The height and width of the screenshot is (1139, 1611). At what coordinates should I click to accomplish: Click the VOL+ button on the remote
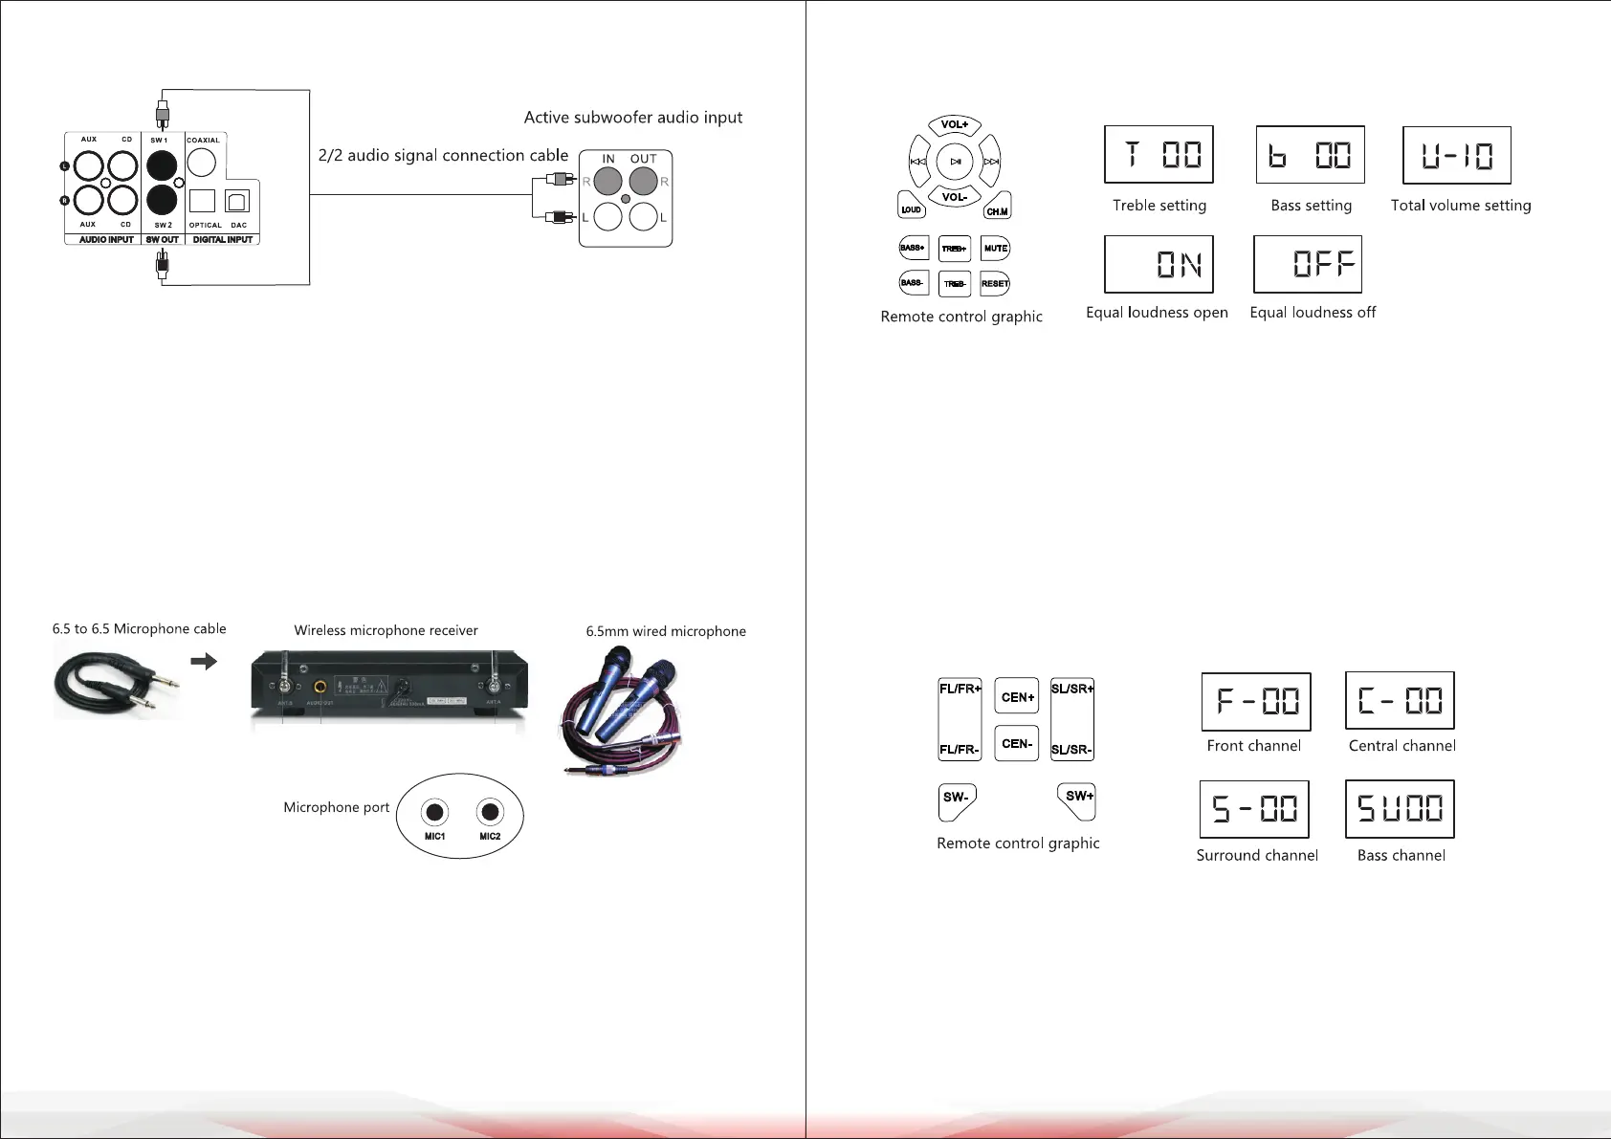[x=955, y=125]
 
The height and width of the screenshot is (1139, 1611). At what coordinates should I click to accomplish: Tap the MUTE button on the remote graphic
[x=996, y=249]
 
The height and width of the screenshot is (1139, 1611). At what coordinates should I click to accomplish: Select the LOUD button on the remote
[x=911, y=207]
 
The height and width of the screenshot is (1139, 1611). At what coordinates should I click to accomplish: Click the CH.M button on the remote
[x=997, y=208]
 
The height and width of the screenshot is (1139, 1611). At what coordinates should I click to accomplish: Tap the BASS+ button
[x=913, y=249]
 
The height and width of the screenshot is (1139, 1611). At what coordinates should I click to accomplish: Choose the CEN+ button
[x=1017, y=697]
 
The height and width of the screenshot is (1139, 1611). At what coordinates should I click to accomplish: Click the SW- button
[x=956, y=799]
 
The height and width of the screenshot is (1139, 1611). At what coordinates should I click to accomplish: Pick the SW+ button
[x=1078, y=799]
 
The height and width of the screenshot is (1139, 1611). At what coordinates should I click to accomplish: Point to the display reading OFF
[x=1308, y=264]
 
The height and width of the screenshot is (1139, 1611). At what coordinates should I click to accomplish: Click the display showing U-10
[x=1457, y=155]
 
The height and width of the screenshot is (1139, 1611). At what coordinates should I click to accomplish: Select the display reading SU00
[x=1400, y=809]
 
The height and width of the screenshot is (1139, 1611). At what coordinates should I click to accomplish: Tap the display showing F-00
[x=1256, y=701]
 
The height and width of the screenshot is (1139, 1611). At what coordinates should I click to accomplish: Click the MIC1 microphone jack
[x=435, y=813]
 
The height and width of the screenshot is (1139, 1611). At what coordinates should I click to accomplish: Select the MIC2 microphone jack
[x=490, y=813]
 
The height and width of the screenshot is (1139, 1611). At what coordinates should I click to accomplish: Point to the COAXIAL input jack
[x=202, y=163]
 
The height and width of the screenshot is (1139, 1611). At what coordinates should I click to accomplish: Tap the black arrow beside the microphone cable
[x=204, y=661]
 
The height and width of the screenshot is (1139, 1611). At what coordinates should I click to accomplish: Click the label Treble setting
[x=1159, y=206]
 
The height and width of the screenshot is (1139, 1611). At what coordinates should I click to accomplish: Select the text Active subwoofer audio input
[x=633, y=118]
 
